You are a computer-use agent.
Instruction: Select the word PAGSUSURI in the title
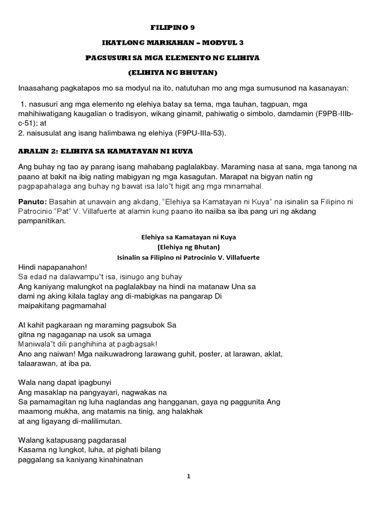(106, 58)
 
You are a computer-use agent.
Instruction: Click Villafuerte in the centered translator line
(240, 257)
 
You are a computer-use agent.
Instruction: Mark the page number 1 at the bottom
(189, 476)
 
